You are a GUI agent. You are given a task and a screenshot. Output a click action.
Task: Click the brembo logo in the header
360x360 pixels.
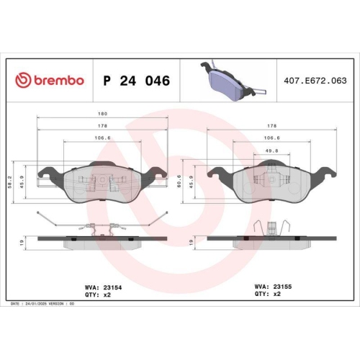tap(50, 80)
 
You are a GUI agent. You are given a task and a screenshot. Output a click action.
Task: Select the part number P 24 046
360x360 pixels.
tap(136, 81)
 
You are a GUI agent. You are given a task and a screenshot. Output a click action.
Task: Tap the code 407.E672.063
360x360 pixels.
tap(315, 81)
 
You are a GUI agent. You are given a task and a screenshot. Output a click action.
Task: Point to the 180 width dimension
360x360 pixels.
tap(102, 114)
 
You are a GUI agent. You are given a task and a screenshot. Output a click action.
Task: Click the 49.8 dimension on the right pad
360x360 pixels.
tap(271, 151)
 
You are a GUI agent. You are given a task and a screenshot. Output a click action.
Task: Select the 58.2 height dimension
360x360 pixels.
tap(10, 182)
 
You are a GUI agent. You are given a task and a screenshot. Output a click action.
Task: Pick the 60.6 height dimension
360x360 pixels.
tap(179, 181)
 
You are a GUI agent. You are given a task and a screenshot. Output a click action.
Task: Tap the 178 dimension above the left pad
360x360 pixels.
tap(102, 126)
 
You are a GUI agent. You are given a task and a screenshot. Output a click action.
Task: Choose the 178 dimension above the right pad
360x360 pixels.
tap(271, 126)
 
